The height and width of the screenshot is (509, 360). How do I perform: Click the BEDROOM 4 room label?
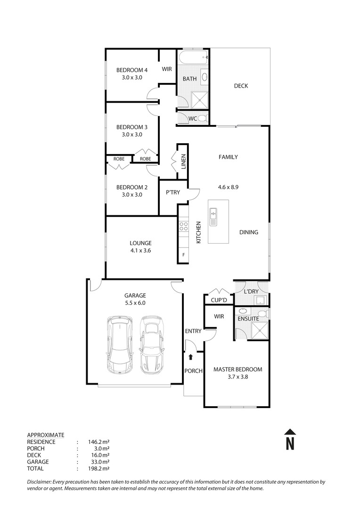(129, 71)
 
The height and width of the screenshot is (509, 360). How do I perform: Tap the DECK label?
(241, 86)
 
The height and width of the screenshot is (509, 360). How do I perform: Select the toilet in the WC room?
(202, 118)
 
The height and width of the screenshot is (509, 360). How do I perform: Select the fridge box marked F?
(183, 255)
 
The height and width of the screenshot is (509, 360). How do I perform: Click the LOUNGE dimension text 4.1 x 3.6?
(140, 251)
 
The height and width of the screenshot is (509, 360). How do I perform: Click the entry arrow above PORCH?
(190, 358)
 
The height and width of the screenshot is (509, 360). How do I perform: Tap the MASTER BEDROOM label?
(238, 369)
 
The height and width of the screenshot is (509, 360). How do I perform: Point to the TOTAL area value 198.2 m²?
(99, 468)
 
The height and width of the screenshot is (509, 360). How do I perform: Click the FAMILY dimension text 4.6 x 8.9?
(228, 187)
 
